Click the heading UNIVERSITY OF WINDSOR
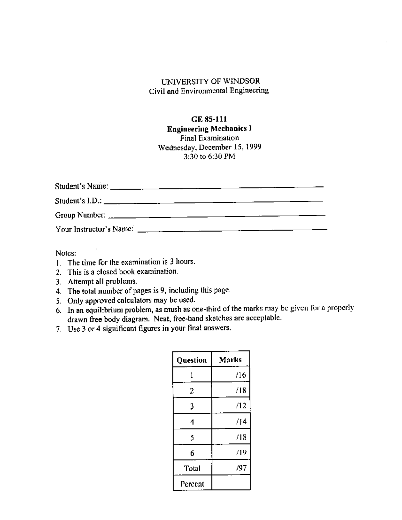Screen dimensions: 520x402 210,81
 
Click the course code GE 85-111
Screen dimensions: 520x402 209,119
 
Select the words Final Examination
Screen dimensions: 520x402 209,138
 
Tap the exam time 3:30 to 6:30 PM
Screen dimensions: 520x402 209,156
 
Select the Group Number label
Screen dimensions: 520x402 80,215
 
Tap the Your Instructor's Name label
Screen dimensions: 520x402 94,229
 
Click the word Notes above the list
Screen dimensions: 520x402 66,253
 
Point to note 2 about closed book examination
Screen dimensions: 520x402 123,272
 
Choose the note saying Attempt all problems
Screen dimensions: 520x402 102,281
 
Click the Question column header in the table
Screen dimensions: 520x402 192,360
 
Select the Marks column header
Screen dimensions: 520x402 230,360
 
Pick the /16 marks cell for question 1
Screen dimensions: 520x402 241,375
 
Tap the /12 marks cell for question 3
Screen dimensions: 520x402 241,406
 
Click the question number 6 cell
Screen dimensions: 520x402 192,453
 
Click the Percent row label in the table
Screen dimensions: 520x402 192,484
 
